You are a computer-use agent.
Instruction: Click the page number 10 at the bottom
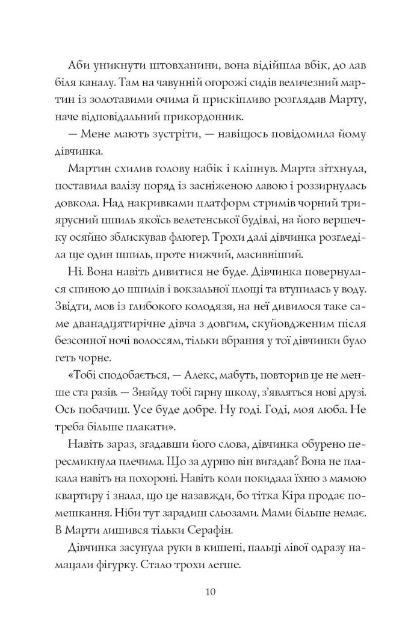pos(208,592)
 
